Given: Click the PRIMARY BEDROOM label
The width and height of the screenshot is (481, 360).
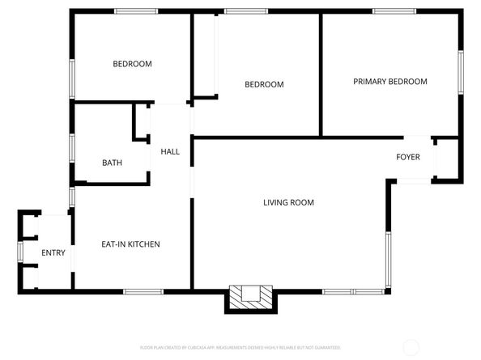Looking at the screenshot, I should (389, 82).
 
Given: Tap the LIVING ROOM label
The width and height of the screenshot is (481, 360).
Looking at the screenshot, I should (288, 202).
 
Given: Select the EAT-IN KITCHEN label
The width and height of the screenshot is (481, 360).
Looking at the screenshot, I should (130, 244).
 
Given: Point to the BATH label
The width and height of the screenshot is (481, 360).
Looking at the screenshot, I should (112, 163).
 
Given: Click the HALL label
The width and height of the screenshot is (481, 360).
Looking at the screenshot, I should (170, 152).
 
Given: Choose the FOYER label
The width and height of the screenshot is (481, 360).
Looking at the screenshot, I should (408, 157).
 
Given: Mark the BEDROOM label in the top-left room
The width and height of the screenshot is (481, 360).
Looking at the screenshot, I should (132, 64).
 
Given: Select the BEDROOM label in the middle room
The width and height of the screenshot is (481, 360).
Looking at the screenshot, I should (264, 85).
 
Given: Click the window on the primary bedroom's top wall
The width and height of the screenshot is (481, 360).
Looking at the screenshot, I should (394, 11).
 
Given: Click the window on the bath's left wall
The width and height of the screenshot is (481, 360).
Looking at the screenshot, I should (72, 148).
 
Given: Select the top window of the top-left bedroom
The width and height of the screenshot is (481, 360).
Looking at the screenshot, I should (135, 11).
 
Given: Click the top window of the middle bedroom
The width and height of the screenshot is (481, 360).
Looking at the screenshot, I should (246, 11).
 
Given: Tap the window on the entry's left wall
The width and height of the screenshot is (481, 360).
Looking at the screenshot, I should (19, 252).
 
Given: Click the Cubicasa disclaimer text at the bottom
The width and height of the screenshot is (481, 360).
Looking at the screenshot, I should (240, 347).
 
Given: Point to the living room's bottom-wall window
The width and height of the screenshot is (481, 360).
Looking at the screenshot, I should (353, 291).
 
